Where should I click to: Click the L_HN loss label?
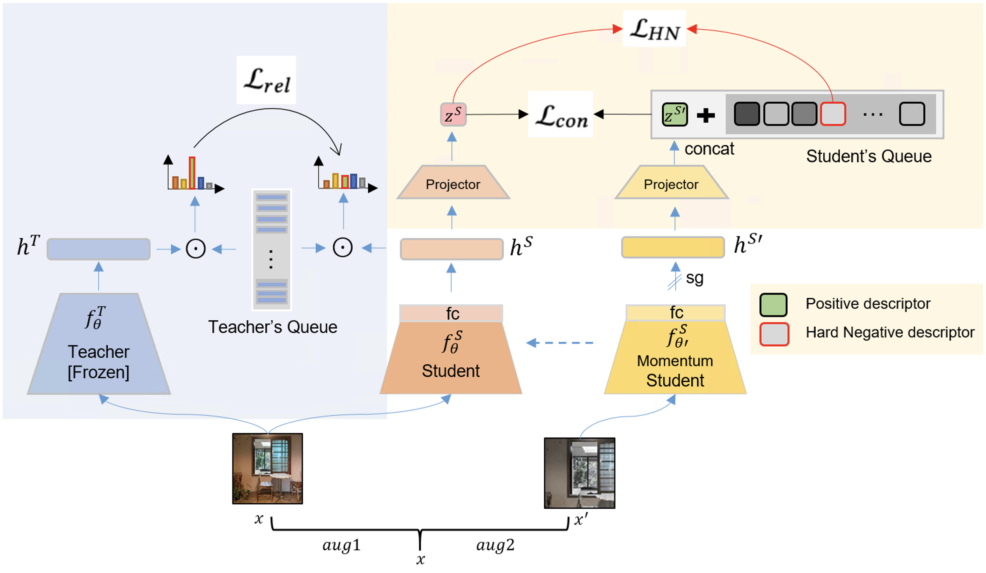654,29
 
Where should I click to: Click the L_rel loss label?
267,80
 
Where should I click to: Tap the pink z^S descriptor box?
453,114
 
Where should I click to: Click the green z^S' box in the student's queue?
674,114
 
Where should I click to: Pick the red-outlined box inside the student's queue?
833,114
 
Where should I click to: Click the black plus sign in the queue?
706,115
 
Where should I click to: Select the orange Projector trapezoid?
453,183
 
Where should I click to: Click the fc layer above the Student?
451,313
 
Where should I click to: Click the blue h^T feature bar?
99,249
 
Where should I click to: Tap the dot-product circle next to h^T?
195,249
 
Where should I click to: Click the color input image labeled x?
268,468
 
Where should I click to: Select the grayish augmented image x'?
579,473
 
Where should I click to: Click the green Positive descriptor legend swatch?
773,305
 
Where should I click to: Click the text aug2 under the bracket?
495,545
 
